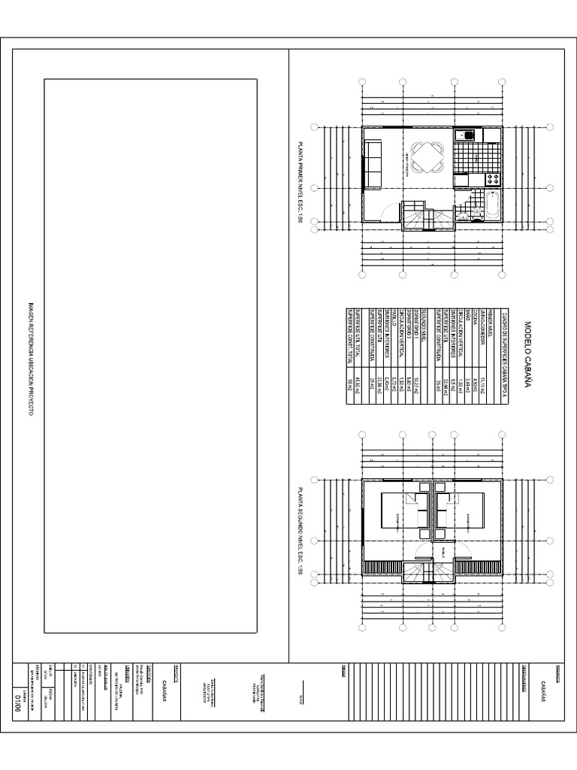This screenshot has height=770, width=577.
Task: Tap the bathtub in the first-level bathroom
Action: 493,205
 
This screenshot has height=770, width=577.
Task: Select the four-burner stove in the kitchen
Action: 493,179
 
